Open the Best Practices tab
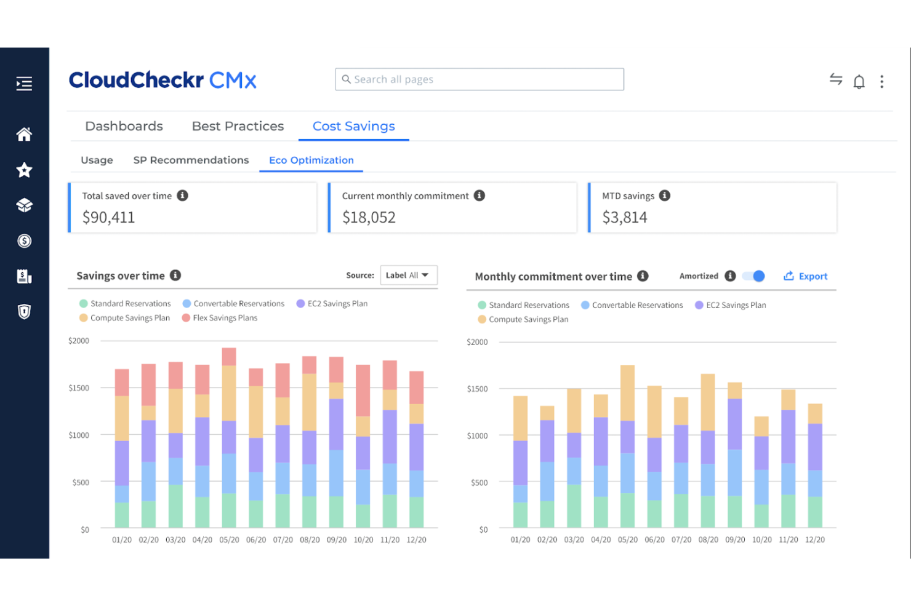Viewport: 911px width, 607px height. click(238, 126)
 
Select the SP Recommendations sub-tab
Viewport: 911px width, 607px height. click(191, 160)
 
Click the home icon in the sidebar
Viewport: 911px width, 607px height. click(24, 134)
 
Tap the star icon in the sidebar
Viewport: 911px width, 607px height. click(24, 170)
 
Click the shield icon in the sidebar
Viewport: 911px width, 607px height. click(24, 312)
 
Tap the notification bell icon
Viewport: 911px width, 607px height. click(859, 81)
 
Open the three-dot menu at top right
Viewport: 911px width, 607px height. click(881, 81)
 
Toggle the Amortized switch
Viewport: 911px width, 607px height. click(753, 276)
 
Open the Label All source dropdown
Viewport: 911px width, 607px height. click(408, 275)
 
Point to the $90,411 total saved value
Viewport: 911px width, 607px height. click(108, 217)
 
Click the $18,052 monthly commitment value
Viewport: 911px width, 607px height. click(369, 217)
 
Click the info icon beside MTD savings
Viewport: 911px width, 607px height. click(664, 196)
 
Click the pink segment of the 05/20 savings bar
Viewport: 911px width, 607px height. click(229, 357)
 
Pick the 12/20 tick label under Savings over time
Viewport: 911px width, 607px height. click(416, 540)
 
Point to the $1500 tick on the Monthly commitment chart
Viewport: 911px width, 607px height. click(477, 389)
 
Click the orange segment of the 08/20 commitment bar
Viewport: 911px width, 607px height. click(708, 402)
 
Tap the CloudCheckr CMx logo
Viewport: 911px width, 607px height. click(163, 80)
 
